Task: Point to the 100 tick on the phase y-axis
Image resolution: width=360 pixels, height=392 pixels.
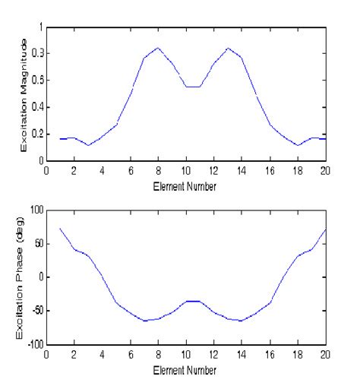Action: (35, 207)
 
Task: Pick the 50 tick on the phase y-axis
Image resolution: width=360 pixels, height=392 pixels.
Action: (37, 242)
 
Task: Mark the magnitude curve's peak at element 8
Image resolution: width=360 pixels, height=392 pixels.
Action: (158, 48)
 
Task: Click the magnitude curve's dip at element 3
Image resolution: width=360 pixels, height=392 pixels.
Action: (88, 145)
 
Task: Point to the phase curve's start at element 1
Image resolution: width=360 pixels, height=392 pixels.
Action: (60, 229)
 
